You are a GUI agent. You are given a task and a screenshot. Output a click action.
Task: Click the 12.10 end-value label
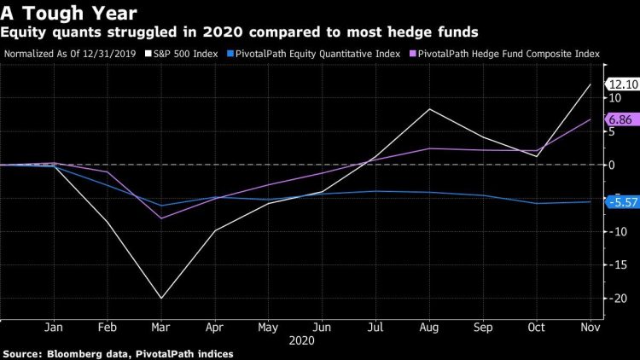[620, 84]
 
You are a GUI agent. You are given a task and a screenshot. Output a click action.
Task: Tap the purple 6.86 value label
[620, 120]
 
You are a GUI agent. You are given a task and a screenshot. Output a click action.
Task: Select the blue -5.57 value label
[620, 202]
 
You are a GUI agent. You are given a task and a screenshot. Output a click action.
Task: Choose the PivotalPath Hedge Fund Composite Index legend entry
[511, 54]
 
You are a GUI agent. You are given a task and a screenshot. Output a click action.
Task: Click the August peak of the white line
[429, 109]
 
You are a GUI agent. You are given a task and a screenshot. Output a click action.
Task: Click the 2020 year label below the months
[302, 340]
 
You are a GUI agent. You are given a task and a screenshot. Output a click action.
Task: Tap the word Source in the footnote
[21, 353]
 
